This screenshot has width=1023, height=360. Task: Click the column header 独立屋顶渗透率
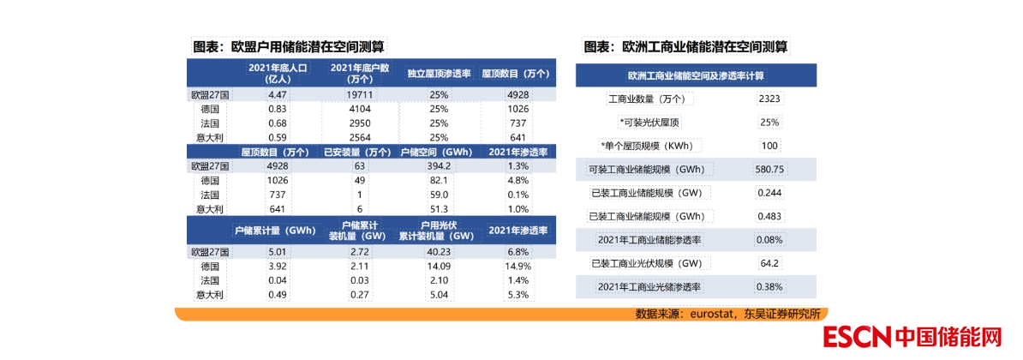pos(439,73)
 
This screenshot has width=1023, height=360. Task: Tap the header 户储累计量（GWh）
pos(276,231)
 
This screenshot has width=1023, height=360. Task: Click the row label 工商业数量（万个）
pos(652,99)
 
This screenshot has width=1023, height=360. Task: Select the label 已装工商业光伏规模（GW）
pos(652,263)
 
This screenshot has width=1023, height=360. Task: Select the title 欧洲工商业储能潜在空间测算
pos(685,46)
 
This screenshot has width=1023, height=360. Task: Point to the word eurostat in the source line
pos(716,314)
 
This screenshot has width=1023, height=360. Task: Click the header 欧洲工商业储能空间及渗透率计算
pos(695,75)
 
